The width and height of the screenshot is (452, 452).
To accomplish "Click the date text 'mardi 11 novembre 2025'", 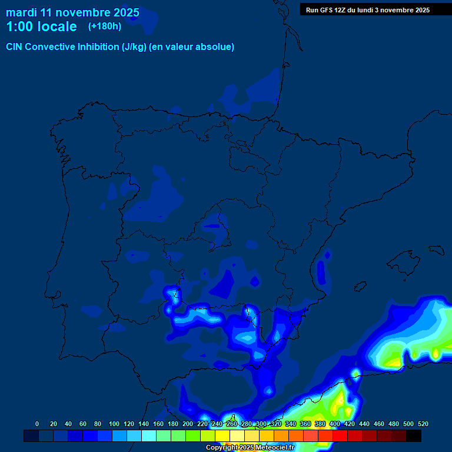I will (x=72, y=12).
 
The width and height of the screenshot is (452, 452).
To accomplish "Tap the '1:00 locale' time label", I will (x=41, y=26).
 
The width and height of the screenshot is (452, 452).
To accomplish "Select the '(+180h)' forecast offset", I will (x=105, y=26).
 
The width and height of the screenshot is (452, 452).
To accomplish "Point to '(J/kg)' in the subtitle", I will (x=135, y=46).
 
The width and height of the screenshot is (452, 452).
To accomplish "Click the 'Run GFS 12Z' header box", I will (x=368, y=10).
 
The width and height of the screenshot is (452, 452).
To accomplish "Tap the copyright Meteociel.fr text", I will (x=250, y=448).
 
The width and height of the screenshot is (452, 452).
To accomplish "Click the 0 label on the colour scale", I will (x=37, y=424).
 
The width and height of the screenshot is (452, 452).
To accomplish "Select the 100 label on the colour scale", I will (x=114, y=424).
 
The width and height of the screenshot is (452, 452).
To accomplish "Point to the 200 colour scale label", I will (x=188, y=424).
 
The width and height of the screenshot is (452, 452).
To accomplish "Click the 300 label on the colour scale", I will (x=261, y=424).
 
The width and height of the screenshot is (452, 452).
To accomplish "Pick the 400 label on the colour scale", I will (x=335, y=424).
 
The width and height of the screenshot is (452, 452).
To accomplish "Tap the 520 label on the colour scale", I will (x=423, y=424).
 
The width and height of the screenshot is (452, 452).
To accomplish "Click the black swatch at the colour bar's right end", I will (x=414, y=436).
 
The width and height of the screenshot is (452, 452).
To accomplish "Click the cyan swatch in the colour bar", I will (x=149, y=436).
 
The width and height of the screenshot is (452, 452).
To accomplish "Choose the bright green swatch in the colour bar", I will (x=193, y=436).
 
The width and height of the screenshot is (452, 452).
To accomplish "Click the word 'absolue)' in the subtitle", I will (x=215, y=46).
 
